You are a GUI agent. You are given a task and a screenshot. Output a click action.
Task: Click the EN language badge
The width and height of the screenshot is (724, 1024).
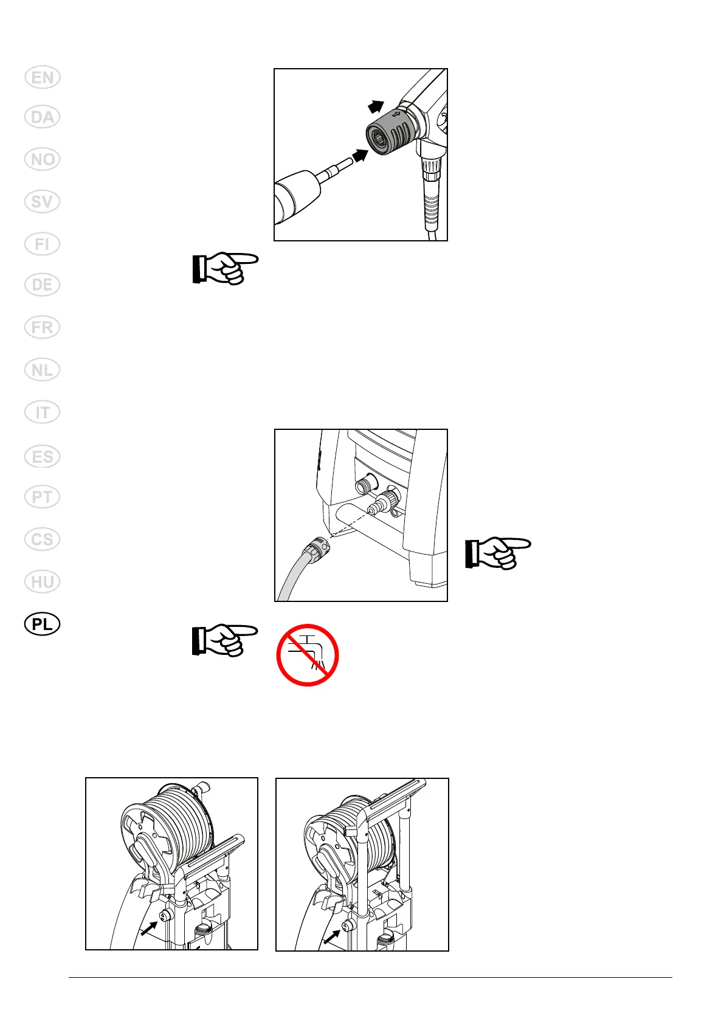point(43,78)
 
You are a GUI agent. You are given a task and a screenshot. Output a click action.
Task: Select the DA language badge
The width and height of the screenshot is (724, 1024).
point(43,117)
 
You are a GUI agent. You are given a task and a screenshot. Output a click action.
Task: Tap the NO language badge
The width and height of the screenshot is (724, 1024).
point(43,159)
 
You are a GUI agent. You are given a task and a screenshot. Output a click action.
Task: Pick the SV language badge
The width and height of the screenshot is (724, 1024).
point(43,201)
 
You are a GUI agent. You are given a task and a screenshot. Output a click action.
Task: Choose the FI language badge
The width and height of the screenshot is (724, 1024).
point(43,244)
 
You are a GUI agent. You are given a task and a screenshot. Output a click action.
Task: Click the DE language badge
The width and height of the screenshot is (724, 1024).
point(43,285)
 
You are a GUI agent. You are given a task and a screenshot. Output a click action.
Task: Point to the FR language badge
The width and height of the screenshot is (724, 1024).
point(43,327)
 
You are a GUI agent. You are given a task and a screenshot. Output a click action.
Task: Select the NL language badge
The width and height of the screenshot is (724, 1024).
point(43,370)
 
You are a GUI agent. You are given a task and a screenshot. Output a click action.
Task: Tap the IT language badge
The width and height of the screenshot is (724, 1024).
point(43,413)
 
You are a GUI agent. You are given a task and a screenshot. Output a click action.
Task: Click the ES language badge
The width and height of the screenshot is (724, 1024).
point(43,456)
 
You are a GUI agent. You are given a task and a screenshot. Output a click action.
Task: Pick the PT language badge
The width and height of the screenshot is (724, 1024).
point(43,497)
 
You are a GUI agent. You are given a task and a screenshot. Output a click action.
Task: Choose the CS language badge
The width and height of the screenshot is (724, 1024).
point(43,539)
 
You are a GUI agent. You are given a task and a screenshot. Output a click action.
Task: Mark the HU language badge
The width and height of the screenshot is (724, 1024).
point(43,582)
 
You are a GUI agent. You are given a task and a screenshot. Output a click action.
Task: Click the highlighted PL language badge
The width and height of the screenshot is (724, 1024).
point(43,624)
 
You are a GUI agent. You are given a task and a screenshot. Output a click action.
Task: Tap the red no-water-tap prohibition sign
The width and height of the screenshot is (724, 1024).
point(307,655)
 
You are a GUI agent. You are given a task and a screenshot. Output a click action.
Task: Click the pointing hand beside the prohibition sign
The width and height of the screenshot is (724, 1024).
point(224,640)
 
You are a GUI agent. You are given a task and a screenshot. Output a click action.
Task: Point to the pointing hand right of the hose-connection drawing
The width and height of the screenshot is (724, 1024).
point(497,552)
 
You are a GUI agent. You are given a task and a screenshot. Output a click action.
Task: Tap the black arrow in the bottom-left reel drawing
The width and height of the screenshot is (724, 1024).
point(148,928)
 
